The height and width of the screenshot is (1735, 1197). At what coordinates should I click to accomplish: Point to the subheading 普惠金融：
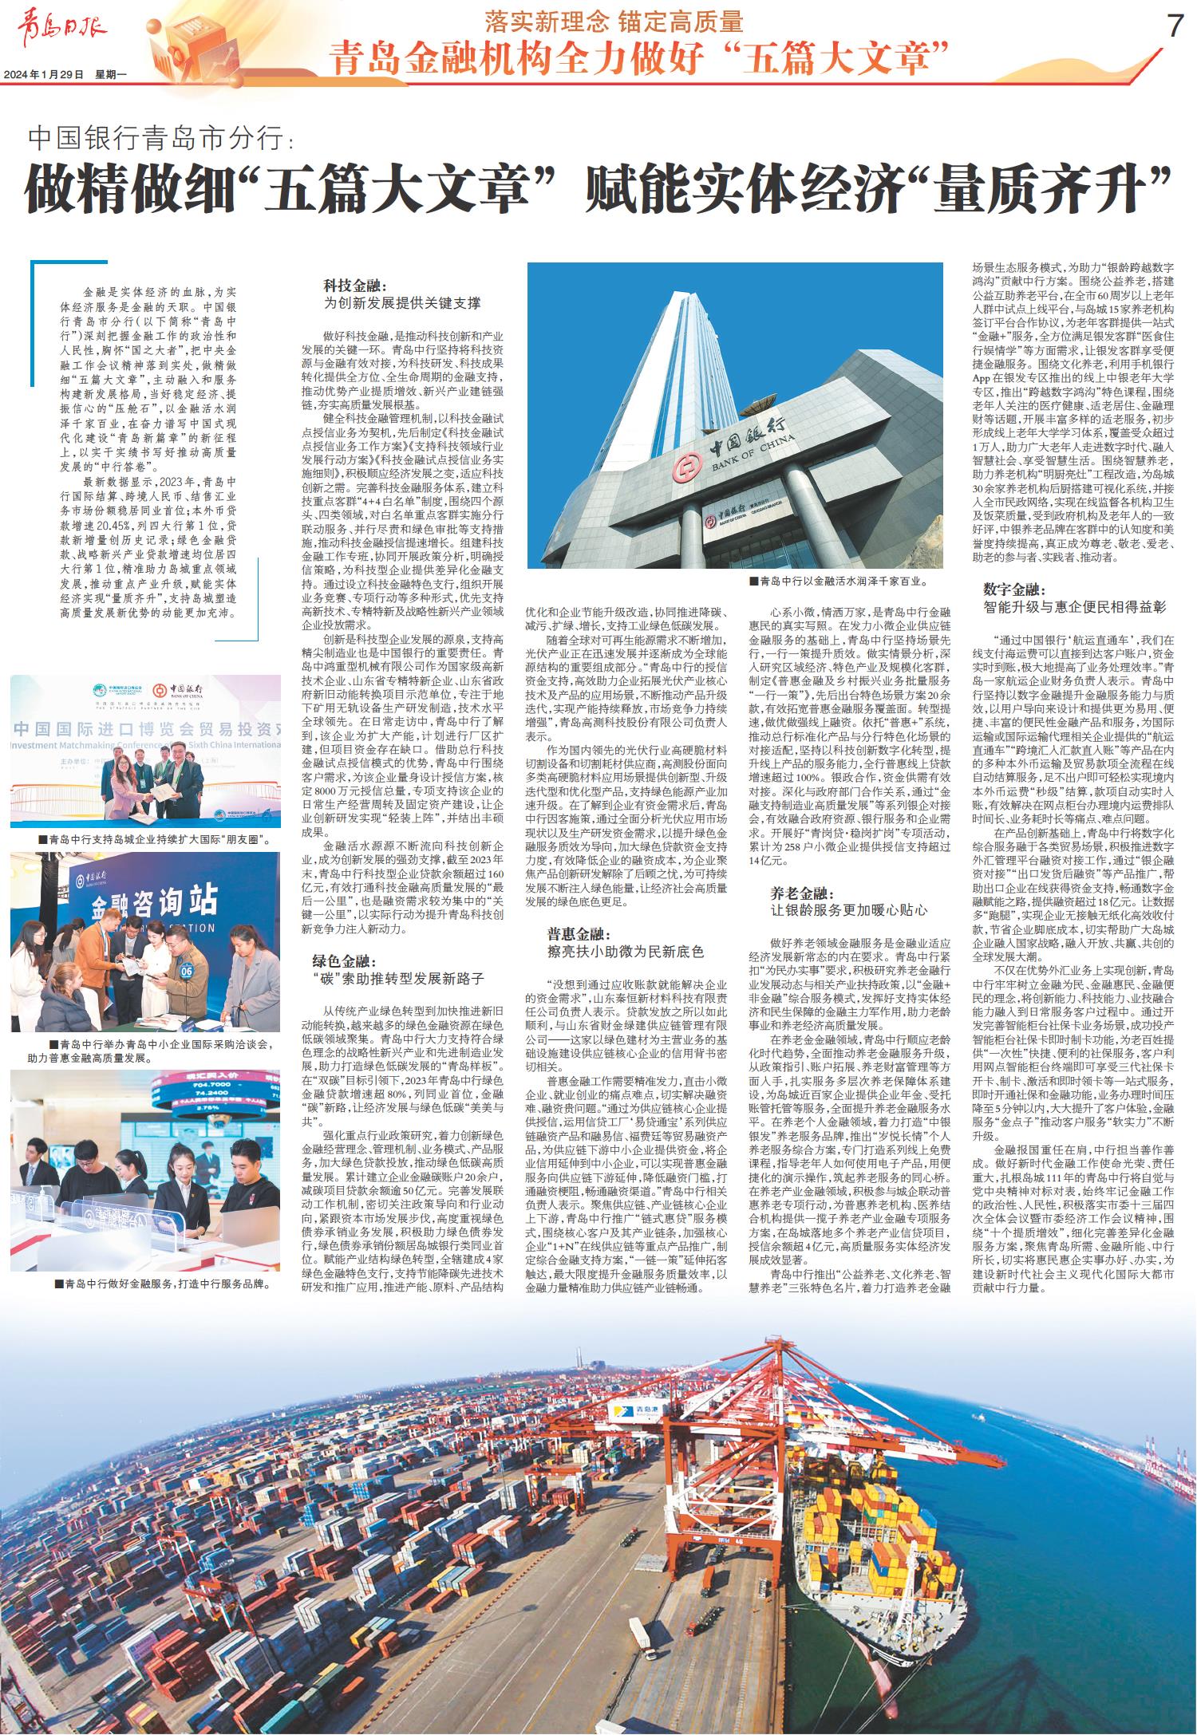click(567, 933)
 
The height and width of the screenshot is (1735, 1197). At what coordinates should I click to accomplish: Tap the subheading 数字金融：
click(1014, 590)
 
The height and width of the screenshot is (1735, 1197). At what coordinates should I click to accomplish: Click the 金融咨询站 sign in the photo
click(154, 901)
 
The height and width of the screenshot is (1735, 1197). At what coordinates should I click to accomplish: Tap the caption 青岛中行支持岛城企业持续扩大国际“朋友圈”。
click(159, 840)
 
